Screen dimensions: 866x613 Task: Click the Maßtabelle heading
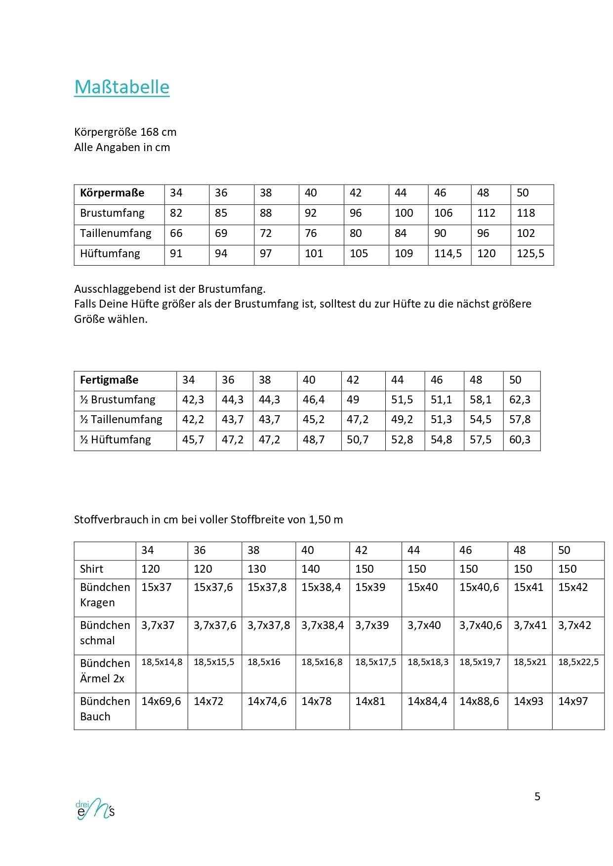click(122, 87)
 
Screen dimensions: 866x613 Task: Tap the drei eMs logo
click(95, 808)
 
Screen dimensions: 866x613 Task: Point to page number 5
click(537, 796)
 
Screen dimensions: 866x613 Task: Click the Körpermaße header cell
click(112, 193)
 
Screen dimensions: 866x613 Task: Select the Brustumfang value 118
click(526, 213)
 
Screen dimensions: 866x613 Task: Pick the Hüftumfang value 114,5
click(448, 254)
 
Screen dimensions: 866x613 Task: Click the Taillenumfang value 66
click(176, 234)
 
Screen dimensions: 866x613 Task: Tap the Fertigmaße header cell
click(109, 380)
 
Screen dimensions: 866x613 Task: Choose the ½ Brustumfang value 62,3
click(520, 400)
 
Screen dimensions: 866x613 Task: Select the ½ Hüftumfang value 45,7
click(193, 440)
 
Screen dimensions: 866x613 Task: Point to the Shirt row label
click(92, 569)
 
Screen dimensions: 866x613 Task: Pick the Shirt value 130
click(257, 569)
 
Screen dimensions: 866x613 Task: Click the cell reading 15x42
click(573, 588)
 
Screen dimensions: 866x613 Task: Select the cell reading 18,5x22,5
click(578, 662)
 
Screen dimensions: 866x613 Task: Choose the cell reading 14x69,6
click(161, 702)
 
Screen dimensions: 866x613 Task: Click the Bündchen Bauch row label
click(105, 709)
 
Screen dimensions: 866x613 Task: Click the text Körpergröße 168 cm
click(125, 132)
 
